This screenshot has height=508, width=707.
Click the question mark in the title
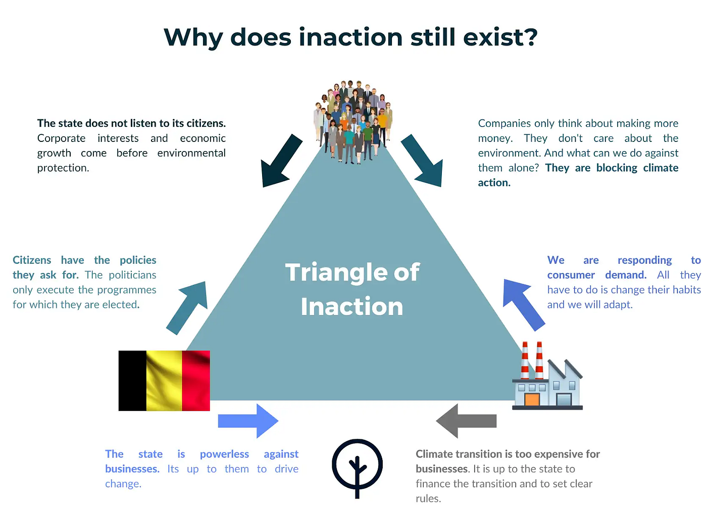pos(529,37)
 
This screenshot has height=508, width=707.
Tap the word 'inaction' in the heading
pos(350,37)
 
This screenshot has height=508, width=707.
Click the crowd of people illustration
pos(353,122)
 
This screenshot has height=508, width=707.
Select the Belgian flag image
pos(164,381)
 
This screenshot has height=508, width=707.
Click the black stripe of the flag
pos(132,381)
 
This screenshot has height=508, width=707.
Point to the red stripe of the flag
pos(196,381)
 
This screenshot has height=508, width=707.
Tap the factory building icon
pos(547,376)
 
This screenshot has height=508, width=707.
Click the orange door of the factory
pos(532,399)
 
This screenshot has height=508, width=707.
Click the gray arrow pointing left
pos(466,421)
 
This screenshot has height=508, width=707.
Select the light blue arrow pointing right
pos(248,421)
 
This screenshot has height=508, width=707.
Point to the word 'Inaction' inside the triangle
pos(352,306)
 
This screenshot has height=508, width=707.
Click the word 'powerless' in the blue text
pos(224,454)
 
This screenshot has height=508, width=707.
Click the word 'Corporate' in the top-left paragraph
pos(61,138)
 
